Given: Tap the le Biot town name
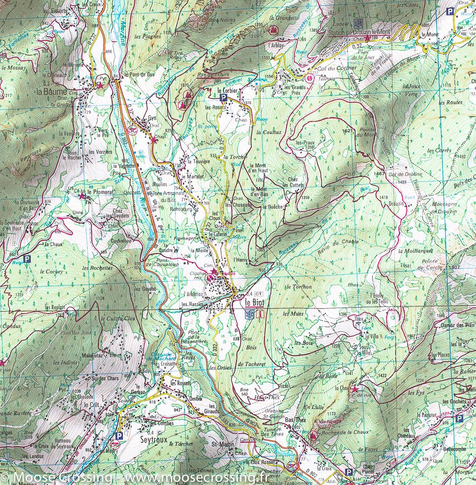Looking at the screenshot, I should pos(253,302).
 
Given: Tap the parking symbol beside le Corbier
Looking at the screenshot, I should pos(222,98).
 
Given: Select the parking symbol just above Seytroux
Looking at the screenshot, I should pos(118,436).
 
